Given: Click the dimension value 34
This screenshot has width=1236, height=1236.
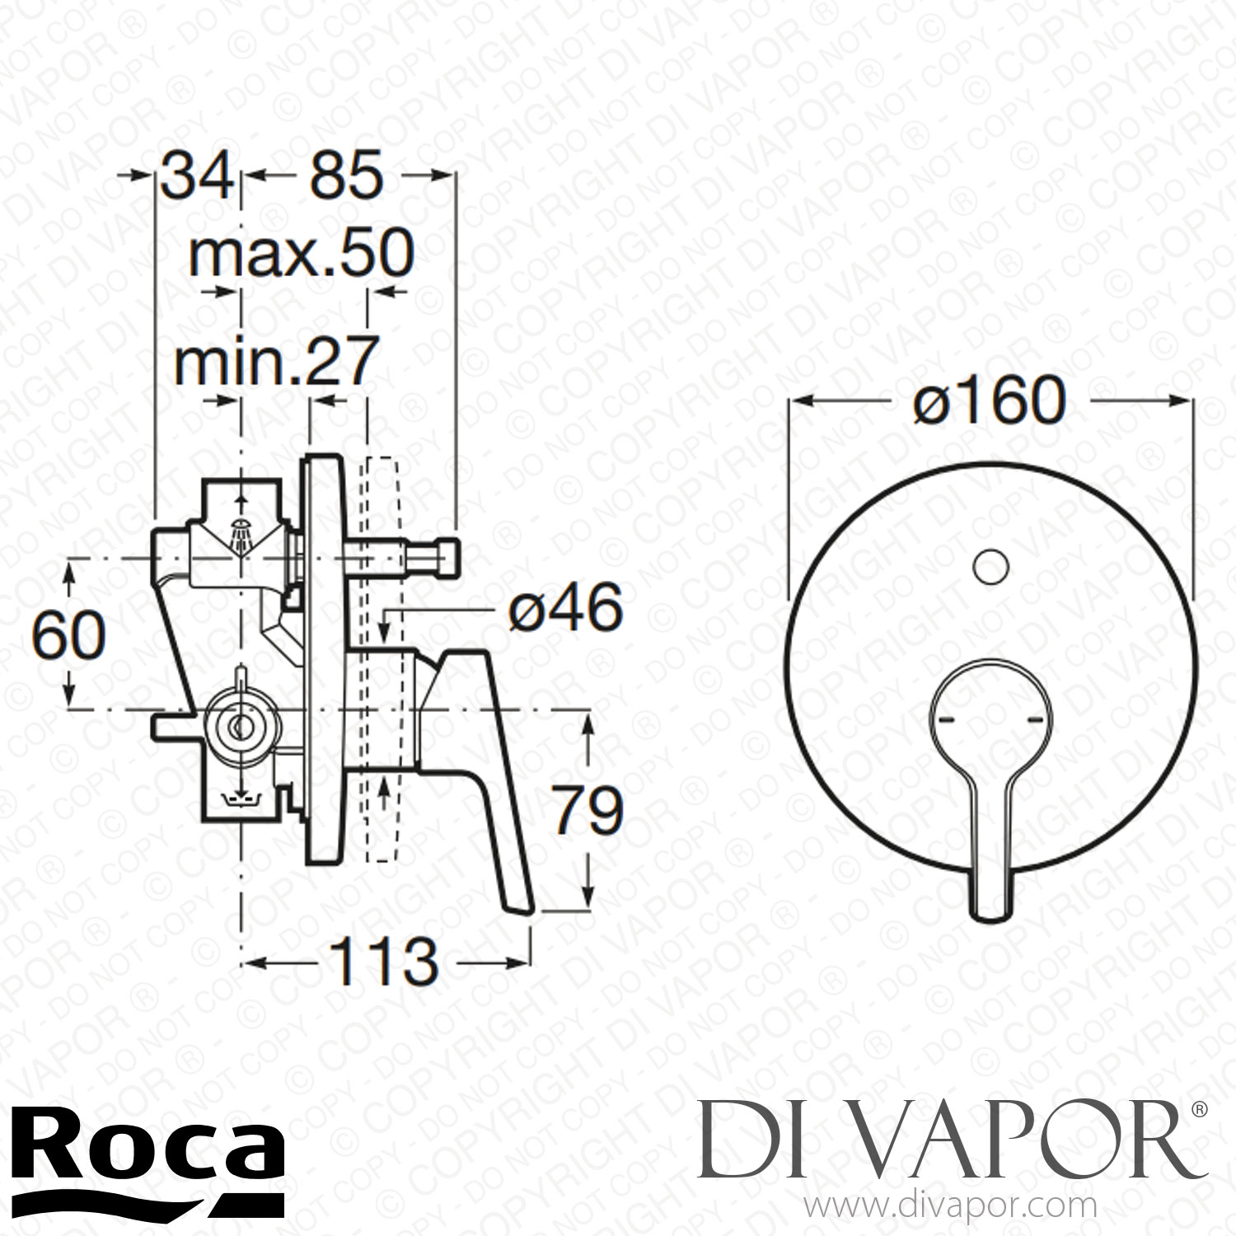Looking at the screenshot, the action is coord(196,175).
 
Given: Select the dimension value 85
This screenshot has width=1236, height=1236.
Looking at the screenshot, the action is coord(346,175).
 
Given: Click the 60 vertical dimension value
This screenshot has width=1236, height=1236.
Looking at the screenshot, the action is coord(69,635).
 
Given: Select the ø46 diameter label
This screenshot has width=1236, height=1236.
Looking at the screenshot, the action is coord(565,610).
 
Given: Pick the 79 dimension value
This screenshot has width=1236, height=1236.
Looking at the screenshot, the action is coord(587,811).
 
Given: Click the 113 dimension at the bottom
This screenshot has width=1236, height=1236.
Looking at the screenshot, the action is coord(383,961).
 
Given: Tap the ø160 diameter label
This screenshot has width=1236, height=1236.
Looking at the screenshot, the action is coord(990,401).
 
